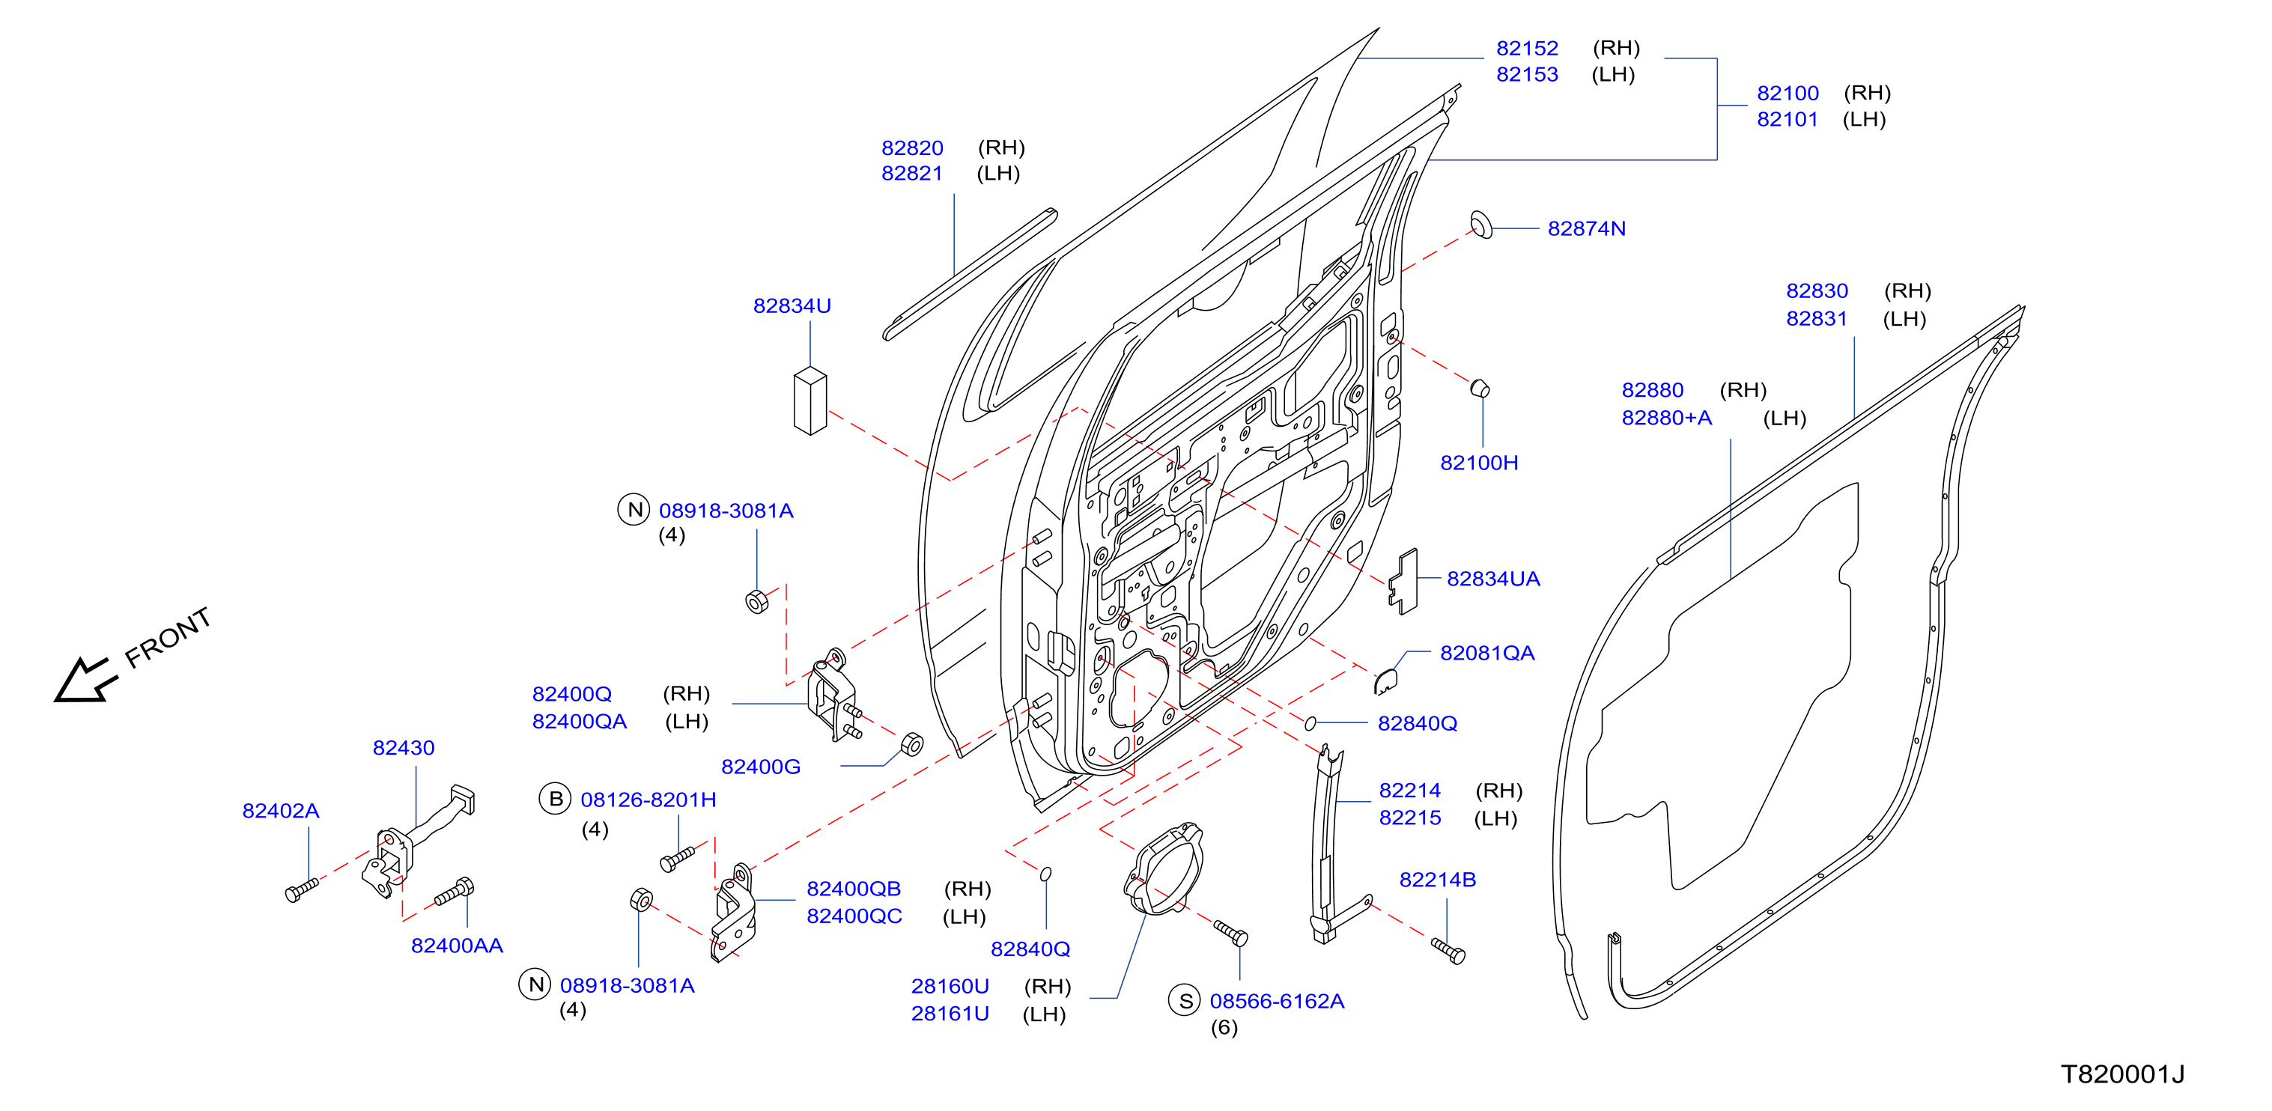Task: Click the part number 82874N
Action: coord(1586,228)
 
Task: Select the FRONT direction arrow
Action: coord(85,680)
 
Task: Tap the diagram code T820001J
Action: coord(2122,1074)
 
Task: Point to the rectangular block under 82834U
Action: coord(810,401)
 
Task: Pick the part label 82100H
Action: coord(1478,463)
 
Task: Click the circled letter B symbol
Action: coord(556,799)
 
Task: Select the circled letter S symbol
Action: coord(1185,1001)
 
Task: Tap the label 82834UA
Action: coord(1492,579)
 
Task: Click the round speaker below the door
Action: coord(1162,870)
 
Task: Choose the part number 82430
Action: coord(403,748)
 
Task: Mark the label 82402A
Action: coord(281,812)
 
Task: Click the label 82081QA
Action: coord(1487,654)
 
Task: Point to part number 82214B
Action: coord(1437,880)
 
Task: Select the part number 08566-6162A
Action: coord(1276,1002)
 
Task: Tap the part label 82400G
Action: coord(760,767)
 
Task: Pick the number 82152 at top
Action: coord(1527,49)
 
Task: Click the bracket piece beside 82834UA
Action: coord(1403,582)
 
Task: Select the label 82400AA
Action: coord(457,946)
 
